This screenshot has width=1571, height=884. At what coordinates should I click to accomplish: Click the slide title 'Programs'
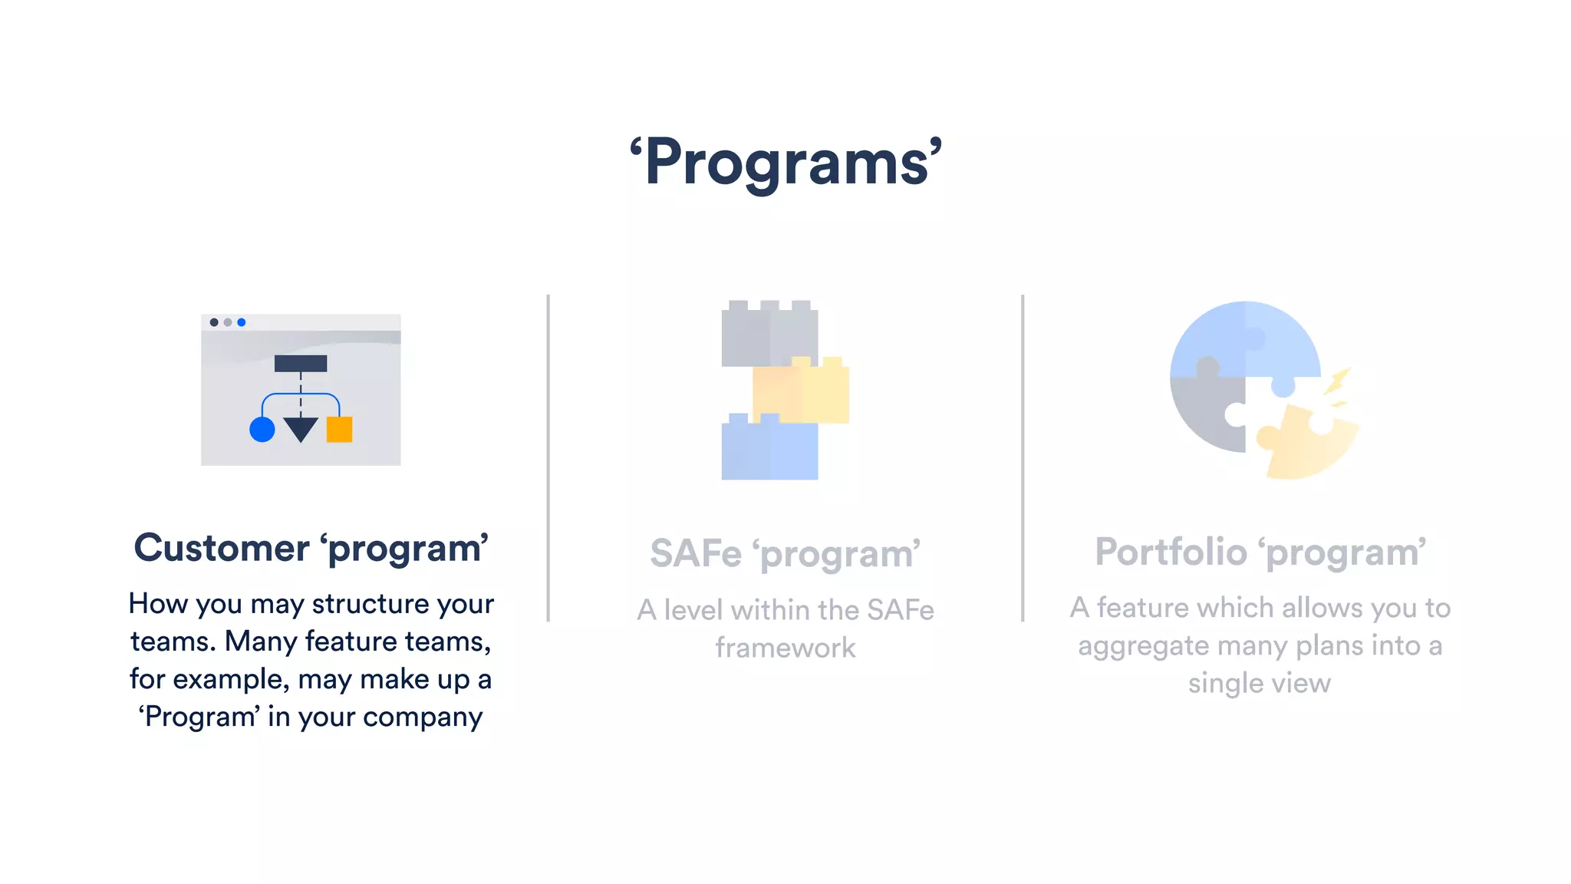(x=785, y=163)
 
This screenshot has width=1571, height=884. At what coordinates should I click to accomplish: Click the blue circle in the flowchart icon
(x=262, y=430)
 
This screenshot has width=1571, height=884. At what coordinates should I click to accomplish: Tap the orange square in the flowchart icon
(x=339, y=430)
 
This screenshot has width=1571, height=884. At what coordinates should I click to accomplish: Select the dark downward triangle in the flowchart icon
(x=301, y=428)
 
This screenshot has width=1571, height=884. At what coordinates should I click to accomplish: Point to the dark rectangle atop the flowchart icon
(x=301, y=364)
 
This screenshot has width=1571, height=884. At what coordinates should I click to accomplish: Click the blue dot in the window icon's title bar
(x=242, y=322)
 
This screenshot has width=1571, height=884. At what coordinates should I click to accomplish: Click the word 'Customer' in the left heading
(x=222, y=548)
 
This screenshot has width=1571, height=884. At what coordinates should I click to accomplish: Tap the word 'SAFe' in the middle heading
(x=696, y=553)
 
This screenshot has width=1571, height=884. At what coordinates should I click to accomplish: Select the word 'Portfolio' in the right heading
(x=1171, y=552)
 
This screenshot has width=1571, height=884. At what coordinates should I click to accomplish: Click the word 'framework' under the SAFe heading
(x=785, y=648)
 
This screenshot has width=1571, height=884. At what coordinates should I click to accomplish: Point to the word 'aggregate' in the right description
(x=1144, y=646)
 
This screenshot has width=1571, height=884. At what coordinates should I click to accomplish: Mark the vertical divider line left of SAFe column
(x=548, y=458)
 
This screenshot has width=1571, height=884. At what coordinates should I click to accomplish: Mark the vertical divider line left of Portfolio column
(x=1023, y=458)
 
